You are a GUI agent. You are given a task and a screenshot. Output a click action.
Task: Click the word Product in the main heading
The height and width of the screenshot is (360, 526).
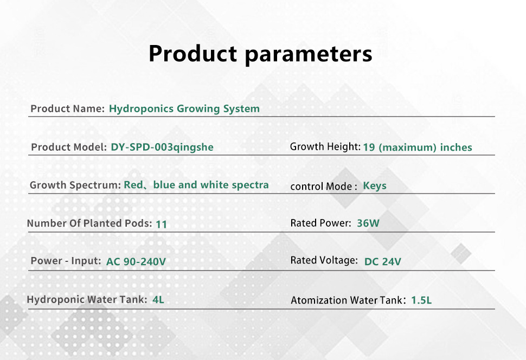(x=193, y=53)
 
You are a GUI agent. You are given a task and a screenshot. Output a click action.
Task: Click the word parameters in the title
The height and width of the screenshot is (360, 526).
(x=309, y=55)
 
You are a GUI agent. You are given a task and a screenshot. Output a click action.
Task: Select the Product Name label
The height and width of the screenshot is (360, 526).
(x=67, y=108)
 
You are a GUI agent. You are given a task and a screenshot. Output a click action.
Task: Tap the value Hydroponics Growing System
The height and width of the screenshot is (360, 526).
(x=184, y=109)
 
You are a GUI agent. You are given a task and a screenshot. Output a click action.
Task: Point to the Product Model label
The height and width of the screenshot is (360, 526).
(x=69, y=147)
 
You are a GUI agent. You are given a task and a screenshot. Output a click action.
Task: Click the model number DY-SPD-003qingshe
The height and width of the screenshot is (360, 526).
(x=162, y=147)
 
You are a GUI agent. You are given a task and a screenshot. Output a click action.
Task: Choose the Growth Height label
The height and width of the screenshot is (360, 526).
(x=325, y=146)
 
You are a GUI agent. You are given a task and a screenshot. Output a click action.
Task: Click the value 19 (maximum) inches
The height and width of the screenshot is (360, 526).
(x=418, y=147)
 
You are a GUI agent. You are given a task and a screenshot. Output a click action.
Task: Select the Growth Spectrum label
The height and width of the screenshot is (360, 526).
(x=75, y=185)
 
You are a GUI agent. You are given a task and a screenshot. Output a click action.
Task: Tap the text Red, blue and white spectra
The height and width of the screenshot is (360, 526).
(x=196, y=185)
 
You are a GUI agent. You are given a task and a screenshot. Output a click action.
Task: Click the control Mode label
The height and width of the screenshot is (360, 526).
(x=324, y=186)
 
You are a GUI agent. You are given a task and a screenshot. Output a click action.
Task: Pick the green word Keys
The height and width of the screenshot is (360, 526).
(x=375, y=186)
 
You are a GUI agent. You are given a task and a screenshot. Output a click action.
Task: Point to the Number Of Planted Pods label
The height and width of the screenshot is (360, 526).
(x=89, y=223)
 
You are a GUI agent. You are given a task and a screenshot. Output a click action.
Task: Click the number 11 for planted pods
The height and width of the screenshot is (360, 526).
(x=162, y=224)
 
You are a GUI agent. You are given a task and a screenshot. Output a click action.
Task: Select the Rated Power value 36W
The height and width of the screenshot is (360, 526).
(x=368, y=223)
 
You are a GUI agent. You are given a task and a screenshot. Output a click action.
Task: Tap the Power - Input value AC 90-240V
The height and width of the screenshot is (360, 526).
(x=136, y=261)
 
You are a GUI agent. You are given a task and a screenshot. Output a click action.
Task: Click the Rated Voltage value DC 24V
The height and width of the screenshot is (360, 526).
(x=383, y=261)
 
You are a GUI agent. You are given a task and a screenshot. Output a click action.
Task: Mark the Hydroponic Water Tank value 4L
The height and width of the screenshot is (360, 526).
(x=158, y=299)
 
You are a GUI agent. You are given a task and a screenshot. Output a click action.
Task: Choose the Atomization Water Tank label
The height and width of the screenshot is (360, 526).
(x=348, y=300)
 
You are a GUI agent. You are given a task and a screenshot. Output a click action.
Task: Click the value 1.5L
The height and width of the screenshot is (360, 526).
(x=421, y=300)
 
